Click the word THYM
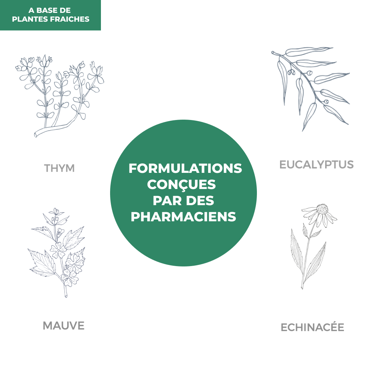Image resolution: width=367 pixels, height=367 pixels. [x=59, y=168]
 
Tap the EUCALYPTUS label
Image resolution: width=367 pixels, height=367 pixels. [x=316, y=164]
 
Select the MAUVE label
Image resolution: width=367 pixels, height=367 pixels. [x=63, y=326]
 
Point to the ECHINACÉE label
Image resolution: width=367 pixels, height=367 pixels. [x=312, y=327]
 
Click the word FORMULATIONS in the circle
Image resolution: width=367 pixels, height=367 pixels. [x=185, y=168]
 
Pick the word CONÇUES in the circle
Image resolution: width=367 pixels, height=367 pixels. [x=181, y=185]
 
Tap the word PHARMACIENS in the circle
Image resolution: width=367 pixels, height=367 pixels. [x=183, y=217]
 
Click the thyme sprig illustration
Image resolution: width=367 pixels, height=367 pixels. [x=60, y=95]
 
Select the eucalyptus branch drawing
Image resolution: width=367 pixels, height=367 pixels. [x=310, y=88]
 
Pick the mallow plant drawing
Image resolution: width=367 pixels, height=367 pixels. [x=57, y=252]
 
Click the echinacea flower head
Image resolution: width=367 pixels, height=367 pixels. [x=322, y=209]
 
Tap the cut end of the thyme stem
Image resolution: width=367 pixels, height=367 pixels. [x=36, y=134]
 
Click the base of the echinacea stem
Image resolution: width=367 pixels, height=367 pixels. [x=302, y=287]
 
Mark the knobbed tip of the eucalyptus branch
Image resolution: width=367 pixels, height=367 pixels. [x=273, y=53]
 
